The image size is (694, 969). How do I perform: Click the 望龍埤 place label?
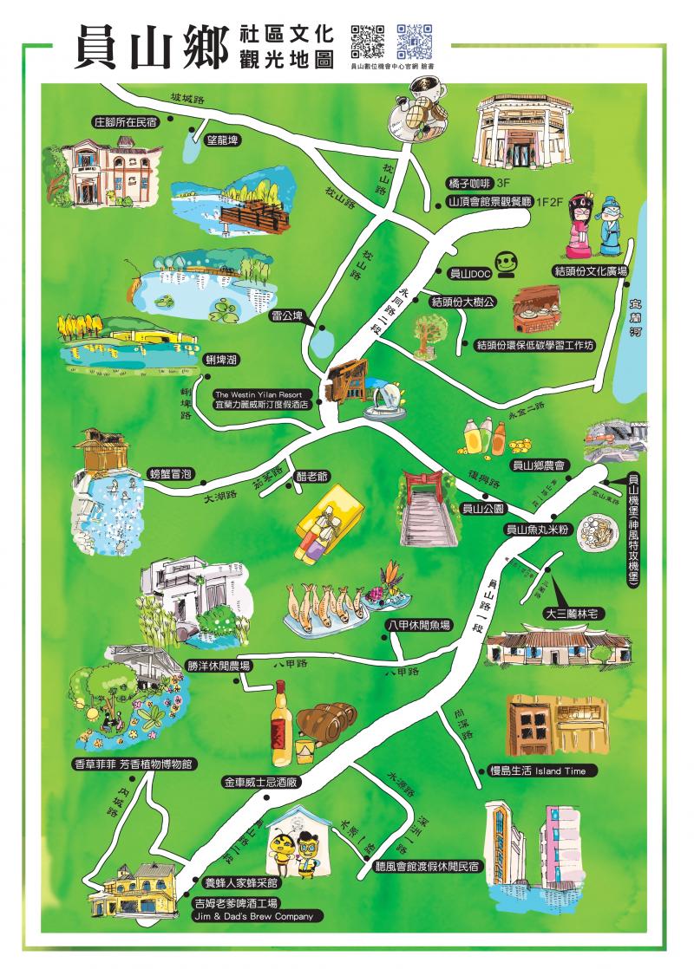[x=221, y=140]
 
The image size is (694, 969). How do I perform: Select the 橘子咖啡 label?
[x=469, y=184]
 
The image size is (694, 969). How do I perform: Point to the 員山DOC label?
[x=469, y=272]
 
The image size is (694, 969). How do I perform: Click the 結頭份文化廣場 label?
[x=590, y=271]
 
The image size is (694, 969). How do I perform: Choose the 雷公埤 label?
[x=285, y=315]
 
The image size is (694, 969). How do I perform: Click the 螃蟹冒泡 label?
[x=171, y=473]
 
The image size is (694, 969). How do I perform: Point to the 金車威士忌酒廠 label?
[x=261, y=781]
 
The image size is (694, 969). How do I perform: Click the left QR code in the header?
[x=367, y=40]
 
